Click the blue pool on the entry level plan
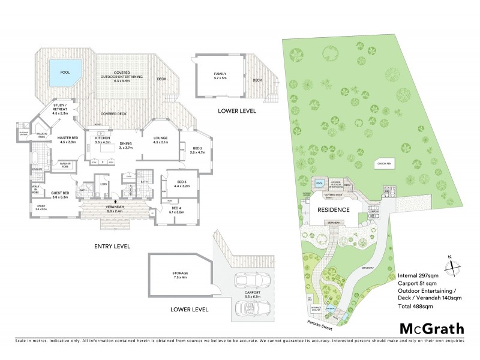click(x=65, y=71)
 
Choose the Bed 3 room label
click(x=181, y=184)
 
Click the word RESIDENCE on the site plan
click(x=334, y=210)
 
